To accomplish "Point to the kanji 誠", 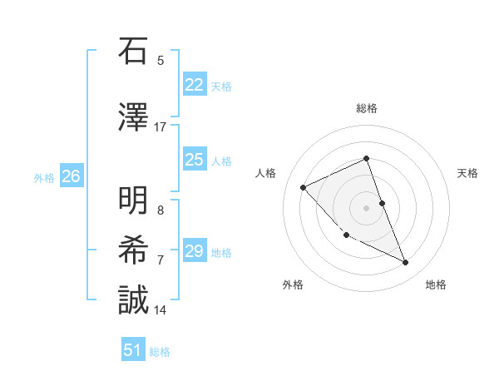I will point(132,300).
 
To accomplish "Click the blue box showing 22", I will point(194,85).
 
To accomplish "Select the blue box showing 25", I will point(194,160).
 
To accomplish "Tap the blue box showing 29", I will point(194,251).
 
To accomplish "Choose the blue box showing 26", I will point(71,176).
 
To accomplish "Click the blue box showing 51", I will point(132,350).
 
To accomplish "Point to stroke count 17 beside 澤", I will point(161,127).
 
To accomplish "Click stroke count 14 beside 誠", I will point(161,310).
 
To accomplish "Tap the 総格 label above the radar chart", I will point(366,108).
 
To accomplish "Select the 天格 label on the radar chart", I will point(468,173).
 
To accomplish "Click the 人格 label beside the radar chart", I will point(265,173).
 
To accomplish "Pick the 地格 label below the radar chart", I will point(436,285).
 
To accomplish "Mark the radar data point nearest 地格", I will point(406,262).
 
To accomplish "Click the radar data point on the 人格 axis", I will point(304,187).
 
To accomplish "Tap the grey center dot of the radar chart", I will point(366,207).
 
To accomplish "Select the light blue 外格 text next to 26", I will point(44,177).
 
